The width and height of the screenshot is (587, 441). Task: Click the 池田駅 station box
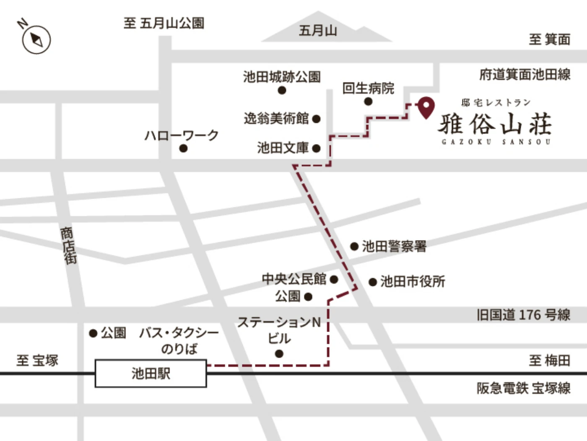click(151, 373)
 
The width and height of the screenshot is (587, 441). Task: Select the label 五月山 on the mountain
click(318, 31)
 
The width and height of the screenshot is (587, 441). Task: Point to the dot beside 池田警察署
click(354, 246)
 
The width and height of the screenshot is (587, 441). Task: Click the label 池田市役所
click(412, 281)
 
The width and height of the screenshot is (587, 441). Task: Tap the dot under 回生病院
click(368, 101)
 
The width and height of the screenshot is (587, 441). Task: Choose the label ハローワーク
click(181, 135)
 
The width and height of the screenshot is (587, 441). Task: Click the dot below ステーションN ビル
click(279, 354)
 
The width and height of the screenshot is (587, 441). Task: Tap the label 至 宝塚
click(37, 360)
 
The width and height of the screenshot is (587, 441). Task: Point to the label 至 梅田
click(549, 360)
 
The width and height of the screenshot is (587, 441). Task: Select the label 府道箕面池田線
click(525, 75)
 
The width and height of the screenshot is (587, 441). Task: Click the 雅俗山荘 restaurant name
click(495, 124)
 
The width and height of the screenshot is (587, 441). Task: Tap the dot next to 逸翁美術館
click(317, 119)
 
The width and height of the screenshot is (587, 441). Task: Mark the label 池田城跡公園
click(282, 77)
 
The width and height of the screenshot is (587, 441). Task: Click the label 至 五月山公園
click(164, 23)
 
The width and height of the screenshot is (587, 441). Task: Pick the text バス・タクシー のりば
click(179, 340)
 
